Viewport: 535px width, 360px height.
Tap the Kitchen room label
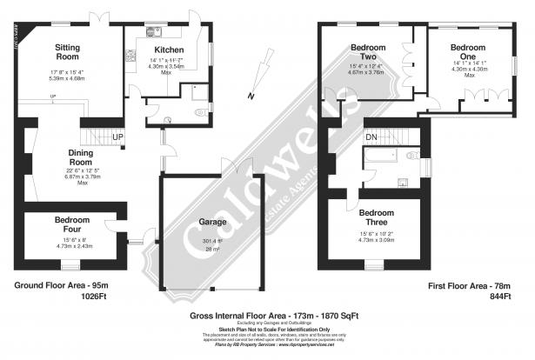point(169,50)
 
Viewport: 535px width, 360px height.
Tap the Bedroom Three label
point(378,212)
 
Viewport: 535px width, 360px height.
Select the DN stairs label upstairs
point(371,137)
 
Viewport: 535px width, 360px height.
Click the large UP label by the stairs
point(117,137)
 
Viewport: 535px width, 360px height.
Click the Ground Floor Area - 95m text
point(53,285)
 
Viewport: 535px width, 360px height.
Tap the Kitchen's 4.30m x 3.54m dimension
point(169,67)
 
